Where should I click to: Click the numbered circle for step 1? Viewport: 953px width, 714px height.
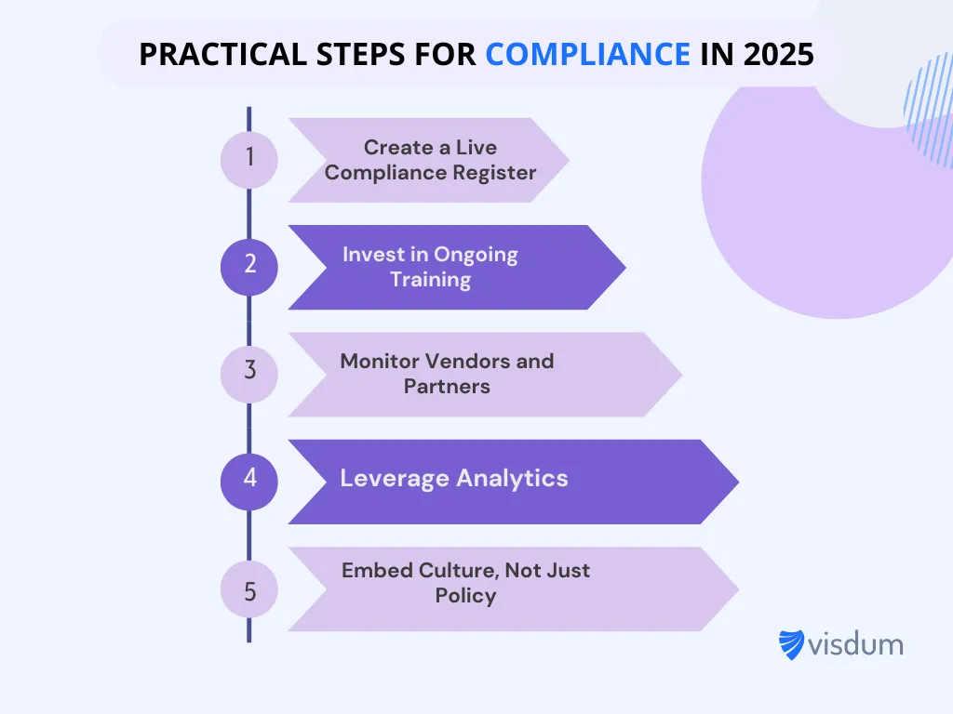248,159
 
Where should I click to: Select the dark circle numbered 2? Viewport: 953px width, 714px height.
248,265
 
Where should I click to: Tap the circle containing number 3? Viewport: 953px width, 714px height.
248,371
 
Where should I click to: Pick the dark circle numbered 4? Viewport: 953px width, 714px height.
248,479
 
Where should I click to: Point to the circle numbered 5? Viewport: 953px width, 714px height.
248,590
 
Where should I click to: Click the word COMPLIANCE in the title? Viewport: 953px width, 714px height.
587,55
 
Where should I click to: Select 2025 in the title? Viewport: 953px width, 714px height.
778,55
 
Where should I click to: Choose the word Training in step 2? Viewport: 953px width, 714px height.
430,280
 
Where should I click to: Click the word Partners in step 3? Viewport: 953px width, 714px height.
447,387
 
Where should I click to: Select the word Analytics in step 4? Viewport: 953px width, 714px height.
512,479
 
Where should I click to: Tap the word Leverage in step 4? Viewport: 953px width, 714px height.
395,479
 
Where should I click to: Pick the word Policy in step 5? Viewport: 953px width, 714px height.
465,596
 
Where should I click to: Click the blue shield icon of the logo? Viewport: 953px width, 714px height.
791,644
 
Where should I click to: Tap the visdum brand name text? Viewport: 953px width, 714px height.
855,643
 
